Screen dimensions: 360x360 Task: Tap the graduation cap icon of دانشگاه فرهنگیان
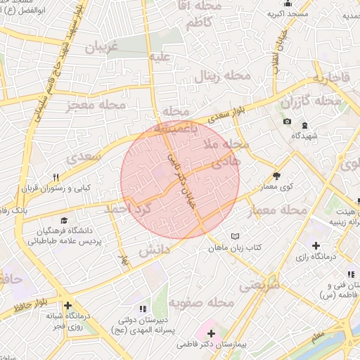point(65,219)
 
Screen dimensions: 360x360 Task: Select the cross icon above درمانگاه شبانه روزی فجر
point(67,306)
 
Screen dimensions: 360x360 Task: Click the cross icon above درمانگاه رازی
point(316,246)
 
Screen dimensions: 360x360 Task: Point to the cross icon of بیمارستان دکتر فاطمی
point(212,331)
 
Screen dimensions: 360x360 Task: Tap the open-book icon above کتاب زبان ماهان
point(236,237)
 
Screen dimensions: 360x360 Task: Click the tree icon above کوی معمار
point(276,176)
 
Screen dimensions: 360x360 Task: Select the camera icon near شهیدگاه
point(287,122)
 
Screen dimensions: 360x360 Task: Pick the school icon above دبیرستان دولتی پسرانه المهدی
point(143,308)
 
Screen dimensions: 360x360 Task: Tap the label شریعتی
point(259,285)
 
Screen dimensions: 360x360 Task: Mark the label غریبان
point(105,46)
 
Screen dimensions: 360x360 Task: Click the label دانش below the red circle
point(154,250)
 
